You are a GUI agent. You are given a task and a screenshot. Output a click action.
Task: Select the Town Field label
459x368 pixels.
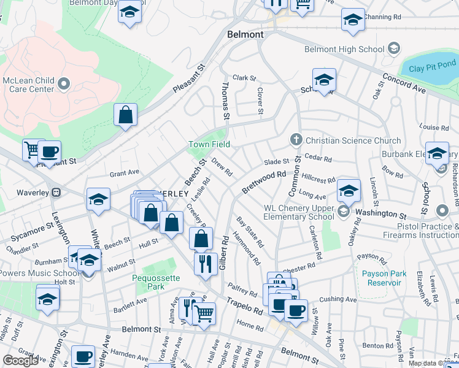(x=209, y=144)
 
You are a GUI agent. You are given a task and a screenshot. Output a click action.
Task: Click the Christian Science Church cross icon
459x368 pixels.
(x=296, y=140)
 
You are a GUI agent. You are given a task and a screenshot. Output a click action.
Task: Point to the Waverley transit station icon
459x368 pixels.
(x=56, y=191)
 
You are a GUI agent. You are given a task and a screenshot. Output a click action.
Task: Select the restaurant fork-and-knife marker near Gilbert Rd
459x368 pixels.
(x=206, y=263)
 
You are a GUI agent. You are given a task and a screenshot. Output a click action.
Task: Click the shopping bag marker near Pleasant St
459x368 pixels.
(x=125, y=115)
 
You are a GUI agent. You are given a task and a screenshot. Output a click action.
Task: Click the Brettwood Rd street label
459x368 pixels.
(x=264, y=182)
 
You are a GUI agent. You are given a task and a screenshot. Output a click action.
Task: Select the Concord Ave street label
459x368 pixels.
(x=404, y=84)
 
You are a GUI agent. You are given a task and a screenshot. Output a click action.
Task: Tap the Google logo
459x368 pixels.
(x=20, y=360)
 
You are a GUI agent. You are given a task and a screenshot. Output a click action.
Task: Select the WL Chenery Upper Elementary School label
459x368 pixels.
(x=299, y=212)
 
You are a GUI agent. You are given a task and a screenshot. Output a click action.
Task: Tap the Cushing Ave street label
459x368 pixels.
(x=337, y=299)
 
